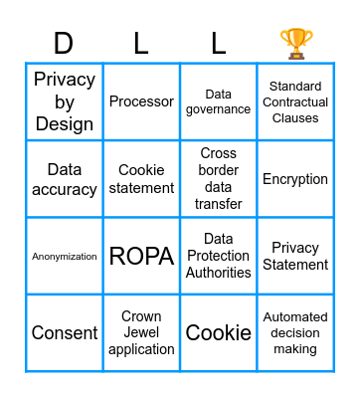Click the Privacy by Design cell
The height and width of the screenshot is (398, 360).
(x=64, y=101)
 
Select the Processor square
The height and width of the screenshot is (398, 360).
(x=141, y=101)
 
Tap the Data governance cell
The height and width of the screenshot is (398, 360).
(x=218, y=101)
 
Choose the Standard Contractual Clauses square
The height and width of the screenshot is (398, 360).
(x=295, y=101)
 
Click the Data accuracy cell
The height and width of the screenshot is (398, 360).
(x=64, y=179)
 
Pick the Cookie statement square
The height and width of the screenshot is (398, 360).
(x=141, y=179)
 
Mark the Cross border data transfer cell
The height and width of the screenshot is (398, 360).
(x=218, y=179)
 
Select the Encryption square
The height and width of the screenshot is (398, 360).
(x=295, y=179)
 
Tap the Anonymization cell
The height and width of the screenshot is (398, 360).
(x=64, y=256)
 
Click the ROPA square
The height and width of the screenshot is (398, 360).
(x=141, y=256)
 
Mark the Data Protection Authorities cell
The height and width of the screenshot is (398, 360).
(x=218, y=256)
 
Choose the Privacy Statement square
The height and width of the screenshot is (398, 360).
(x=295, y=256)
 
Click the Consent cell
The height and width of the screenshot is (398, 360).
(x=64, y=333)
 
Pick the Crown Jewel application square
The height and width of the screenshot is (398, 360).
(x=141, y=333)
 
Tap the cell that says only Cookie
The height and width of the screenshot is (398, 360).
(x=218, y=333)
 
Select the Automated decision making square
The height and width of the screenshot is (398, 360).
(x=295, y=333)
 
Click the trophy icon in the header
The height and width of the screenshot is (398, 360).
(x=295, y=43)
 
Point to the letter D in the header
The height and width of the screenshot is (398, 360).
(x=64, y=44)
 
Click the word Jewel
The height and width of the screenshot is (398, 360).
(x=141, y=333)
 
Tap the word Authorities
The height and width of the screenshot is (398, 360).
(x=218, y=273)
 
